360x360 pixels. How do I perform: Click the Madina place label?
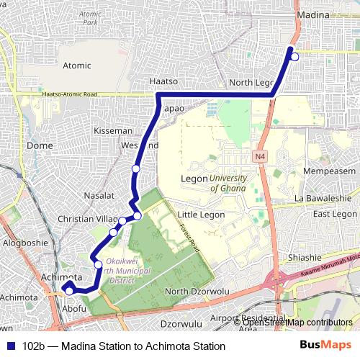click(x=313, y=15)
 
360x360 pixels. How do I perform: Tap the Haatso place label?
click(x=163, y=81)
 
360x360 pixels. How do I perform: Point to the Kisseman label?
click(x=114, y=131)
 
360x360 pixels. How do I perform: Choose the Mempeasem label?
click(x=330, y=171)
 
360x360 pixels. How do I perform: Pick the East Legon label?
click(x=335, y=214)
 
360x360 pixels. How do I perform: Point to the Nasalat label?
click(x=99, y=196)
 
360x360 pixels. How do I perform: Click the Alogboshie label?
click(x=26, y=243)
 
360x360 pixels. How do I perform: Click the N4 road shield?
click(x=260, y=156)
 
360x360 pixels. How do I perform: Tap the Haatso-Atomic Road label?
click(x=70, y=94)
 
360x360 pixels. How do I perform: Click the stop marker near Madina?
click(x=294, y=56)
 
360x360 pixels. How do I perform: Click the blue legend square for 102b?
click(x=10, y=346)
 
